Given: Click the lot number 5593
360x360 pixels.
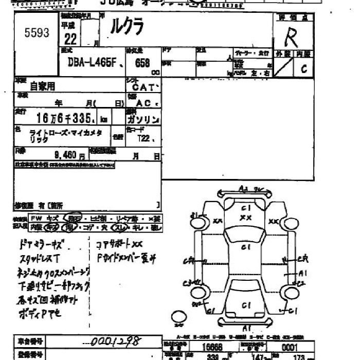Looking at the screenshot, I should point(37,33).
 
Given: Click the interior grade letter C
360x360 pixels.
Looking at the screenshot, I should point(304,68).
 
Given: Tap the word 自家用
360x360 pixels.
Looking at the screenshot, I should point(42,86).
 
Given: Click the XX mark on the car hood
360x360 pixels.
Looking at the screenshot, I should point(245,218).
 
